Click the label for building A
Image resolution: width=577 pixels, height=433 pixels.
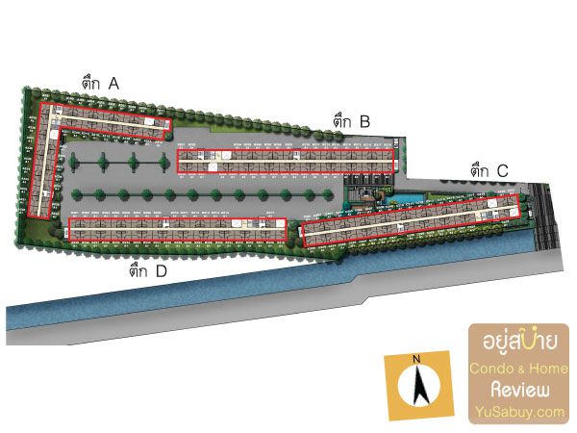(x=101, y=85)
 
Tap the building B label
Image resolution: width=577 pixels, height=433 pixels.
(x=352, y=121)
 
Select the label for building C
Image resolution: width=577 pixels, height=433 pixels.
(x=489, y=171)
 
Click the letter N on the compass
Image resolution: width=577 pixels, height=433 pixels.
(x=416, y=362)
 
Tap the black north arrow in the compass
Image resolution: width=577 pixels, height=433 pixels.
(x=417, y=387)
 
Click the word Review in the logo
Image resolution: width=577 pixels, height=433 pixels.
(x=519, y=390)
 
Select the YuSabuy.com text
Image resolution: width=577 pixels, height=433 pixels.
(x=519, y=412)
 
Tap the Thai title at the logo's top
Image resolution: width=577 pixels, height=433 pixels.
(x=519, y=344)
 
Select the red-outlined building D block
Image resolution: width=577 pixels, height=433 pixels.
(x=178, y=229)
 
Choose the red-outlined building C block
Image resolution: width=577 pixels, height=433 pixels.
(x=412, y=220)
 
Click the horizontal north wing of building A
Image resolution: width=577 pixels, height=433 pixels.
(x=111, y=117)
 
